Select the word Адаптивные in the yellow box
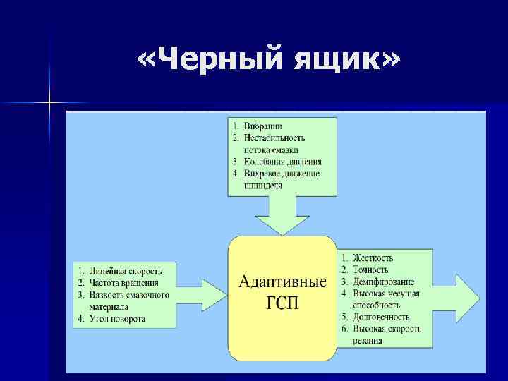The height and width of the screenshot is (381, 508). coord(282,282)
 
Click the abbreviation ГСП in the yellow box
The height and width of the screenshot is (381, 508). coord(282,303)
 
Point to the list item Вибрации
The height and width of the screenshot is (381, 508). coord(260,126)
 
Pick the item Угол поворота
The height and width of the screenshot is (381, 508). coord(117,319)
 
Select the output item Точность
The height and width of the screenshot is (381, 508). coord(371,270)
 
